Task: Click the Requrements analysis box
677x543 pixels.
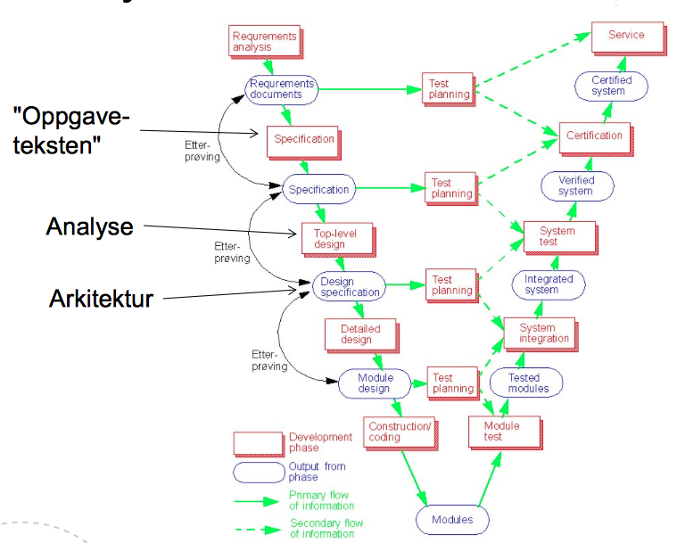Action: point(263,41)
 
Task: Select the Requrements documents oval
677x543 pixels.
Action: point(281,89)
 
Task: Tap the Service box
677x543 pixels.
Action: point(625,37)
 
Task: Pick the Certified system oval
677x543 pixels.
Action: point(611,86)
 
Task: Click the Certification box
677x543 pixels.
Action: point(594,136)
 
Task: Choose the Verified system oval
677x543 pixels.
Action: point(575,185)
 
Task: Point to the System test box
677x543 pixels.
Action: point(557,237)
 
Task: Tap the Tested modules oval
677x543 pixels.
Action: point(524,383)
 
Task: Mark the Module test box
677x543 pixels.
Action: point(501,432)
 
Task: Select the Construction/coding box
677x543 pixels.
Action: point(399,432)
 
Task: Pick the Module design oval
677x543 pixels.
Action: point(375,384)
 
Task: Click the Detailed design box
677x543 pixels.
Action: point(356,334)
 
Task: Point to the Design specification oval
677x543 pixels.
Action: point(350,285)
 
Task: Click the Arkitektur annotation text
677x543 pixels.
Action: point(100,299)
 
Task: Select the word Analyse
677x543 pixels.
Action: point(89,226)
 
